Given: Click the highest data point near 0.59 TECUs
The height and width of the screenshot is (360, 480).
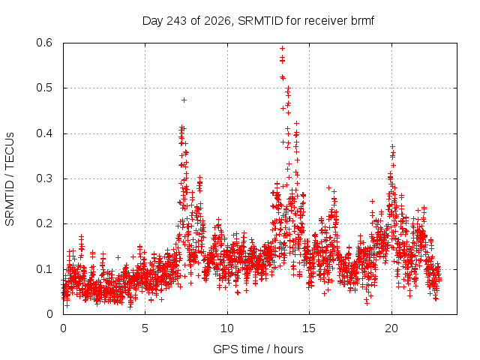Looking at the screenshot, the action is pyautogui.click(x=282, y=48).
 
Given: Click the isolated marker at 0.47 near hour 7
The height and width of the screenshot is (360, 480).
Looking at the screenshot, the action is pyautogui.click(x=184, y=100).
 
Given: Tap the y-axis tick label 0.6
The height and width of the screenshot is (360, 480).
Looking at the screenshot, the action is pyautogui.click(x=44, y=43).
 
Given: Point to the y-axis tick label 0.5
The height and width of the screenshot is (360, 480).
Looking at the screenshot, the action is pyautogui.click(x=44, y=88).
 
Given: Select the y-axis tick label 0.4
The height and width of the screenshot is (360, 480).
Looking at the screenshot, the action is pyautogui.click(x=44, y=133).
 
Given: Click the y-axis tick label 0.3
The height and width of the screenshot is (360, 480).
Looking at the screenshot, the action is pyautogui.click(x=44, y=178).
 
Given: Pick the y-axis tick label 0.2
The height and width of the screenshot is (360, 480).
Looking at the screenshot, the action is pyautogui.click(x=44, y=223).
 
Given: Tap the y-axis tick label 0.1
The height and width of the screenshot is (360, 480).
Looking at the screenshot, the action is pyautogui.click(x=44, y=269).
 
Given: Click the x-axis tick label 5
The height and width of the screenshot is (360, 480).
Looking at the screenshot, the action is pyautogui.click(x=145, y=328).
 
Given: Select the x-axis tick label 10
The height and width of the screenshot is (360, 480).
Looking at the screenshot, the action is pyautogui.click(x=227, y=328).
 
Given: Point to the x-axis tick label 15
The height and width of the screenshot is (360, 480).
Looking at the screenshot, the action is pyautogui.click(x=309, y=328).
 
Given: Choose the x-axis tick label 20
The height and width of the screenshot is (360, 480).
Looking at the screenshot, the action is pyautogui.click(x=391, y=328).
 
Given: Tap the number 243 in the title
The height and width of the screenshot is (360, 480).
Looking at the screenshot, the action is pyautogui.click(x=177, y=21).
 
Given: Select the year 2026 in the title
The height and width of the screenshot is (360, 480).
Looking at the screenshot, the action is pyautogui.click(x=217, y=21).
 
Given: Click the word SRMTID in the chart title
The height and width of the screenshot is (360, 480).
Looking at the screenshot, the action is pyautogui.click(x=260, y=21).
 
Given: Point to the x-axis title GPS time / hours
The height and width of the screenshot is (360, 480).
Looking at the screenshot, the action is pyautogui.click(x=258, y=349).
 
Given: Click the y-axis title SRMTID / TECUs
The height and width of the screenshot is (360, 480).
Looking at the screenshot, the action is pyautogui.click(x=10, y=179).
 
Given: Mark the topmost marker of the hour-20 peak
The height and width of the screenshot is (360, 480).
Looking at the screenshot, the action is pyautogui.click(x=392, y=147).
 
